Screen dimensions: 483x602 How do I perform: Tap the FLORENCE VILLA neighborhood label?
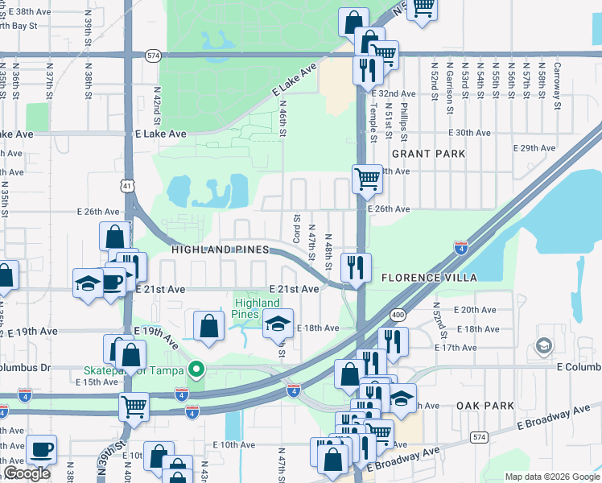coord(429,278)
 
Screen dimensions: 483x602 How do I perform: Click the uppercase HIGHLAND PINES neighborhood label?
coord(220,250)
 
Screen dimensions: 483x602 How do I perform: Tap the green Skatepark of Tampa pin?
coord(195,369)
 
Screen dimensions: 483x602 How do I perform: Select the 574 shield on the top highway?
coord(153,55)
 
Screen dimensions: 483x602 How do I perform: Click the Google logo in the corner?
coord(27,473)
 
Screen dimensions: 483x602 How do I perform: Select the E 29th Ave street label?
coord(534,148)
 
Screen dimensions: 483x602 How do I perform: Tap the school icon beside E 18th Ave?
coord(278,323)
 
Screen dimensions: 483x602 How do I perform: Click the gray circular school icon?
coord(543,346)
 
